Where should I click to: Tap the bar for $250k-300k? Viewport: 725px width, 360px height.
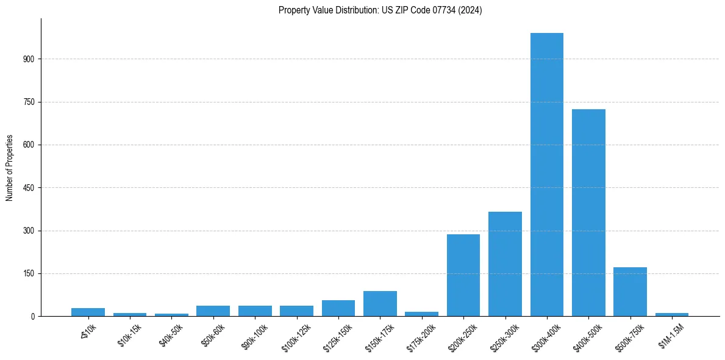tap(505, 264)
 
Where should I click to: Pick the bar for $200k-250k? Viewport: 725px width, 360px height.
tap(463, 275)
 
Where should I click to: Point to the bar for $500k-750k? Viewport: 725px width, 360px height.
tap(630, 292)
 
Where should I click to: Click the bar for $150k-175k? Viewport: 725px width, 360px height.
tap(380, 304)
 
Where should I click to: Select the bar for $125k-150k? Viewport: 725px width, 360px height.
tap(338, 308)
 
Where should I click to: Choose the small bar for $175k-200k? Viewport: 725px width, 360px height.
tap(421, 314)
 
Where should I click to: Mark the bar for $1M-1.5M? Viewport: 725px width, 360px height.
tap(671, 314)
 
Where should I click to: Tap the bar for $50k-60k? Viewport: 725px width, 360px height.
tap(213, 311)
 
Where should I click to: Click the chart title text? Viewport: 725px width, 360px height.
tap(380, 10)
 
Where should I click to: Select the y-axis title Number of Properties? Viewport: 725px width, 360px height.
tap(10, 168)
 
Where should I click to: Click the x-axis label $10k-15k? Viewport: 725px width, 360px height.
tap(129, 335)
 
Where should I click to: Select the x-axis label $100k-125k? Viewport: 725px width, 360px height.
tap(296, 337)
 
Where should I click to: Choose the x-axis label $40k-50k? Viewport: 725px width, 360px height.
tap(171, 335)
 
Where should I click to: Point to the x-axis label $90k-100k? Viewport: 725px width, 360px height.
tap(254, 336)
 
